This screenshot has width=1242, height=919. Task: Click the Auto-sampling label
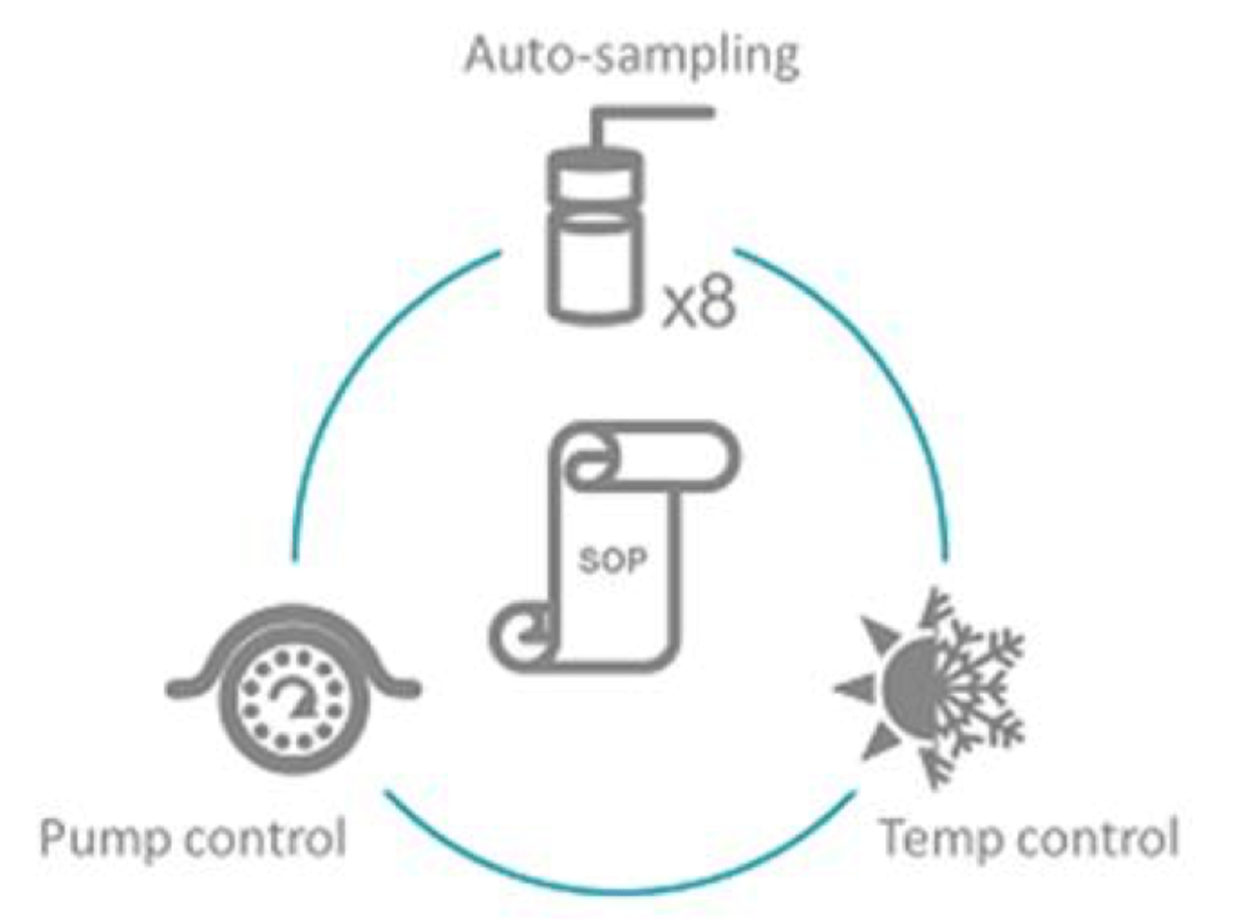click(632, 56)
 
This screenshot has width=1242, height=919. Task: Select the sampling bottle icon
click(597, 242)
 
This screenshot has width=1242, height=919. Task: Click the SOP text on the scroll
click(613, 561)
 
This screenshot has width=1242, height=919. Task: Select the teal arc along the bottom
click(618, 887)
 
